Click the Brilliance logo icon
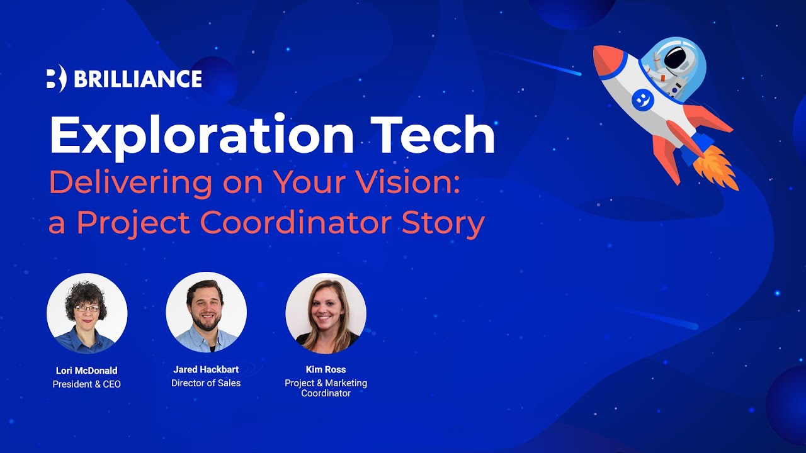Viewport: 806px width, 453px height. (x=55, y=79)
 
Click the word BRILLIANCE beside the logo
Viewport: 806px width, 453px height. (x=138, y=79)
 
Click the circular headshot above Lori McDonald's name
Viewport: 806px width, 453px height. (x=87, y=313)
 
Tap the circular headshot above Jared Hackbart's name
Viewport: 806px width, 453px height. (x=206, y=313)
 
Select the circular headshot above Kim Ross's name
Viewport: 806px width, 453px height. (x=326, y=313)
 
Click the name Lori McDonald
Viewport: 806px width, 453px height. (x=86, y=371)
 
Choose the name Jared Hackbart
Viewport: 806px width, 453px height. (x=206, y=369)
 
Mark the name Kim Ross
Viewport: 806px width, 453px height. (x=326, y=369)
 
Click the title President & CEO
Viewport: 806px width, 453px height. (x=86, y=384)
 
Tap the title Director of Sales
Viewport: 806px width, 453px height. (x=206, y=383)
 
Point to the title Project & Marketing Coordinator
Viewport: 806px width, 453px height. (x=326, y=388)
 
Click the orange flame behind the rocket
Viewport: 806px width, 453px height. (x=717, y=167)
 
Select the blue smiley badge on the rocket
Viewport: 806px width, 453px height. (x=641, y=99)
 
